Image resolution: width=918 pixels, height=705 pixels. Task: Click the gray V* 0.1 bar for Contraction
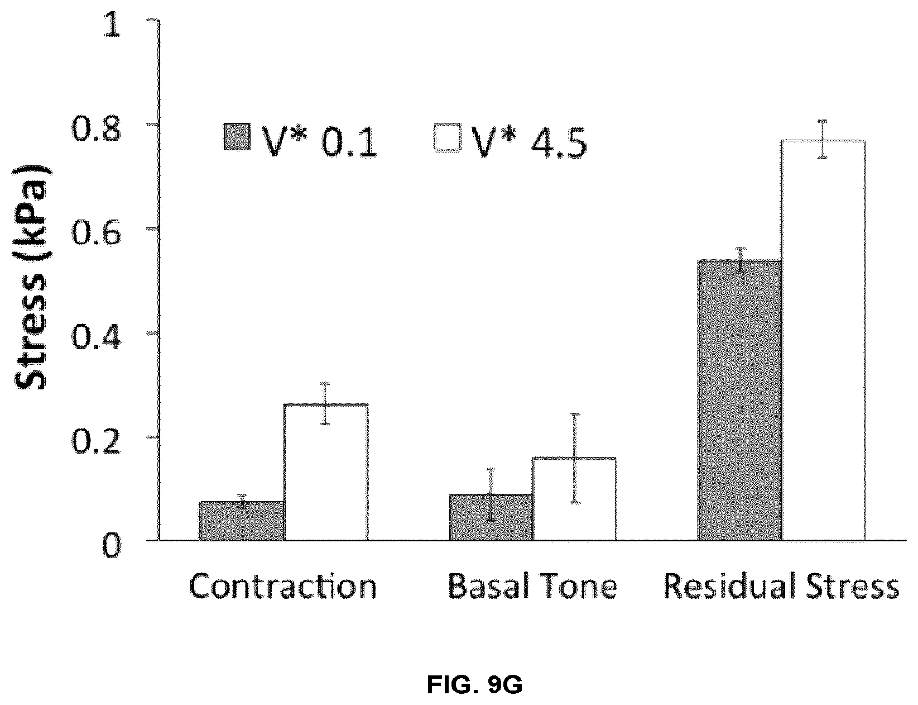[241, 521]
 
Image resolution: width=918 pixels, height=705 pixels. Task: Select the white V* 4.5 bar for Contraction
[325, 473]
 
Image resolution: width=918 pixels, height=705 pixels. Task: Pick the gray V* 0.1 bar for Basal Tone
[491, 517]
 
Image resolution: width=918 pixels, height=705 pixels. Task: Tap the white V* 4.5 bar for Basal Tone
[575, 499]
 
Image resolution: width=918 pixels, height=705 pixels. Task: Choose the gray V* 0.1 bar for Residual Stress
[740, 401]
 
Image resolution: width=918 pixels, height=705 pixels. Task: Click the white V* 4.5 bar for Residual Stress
[823, 340]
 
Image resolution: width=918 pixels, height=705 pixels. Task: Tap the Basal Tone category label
[532, 586]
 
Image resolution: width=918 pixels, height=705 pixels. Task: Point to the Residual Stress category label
[781, 586]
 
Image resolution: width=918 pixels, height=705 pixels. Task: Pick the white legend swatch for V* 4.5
[448, 137]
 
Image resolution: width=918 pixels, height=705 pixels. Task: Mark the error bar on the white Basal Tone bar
[575, 459]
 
